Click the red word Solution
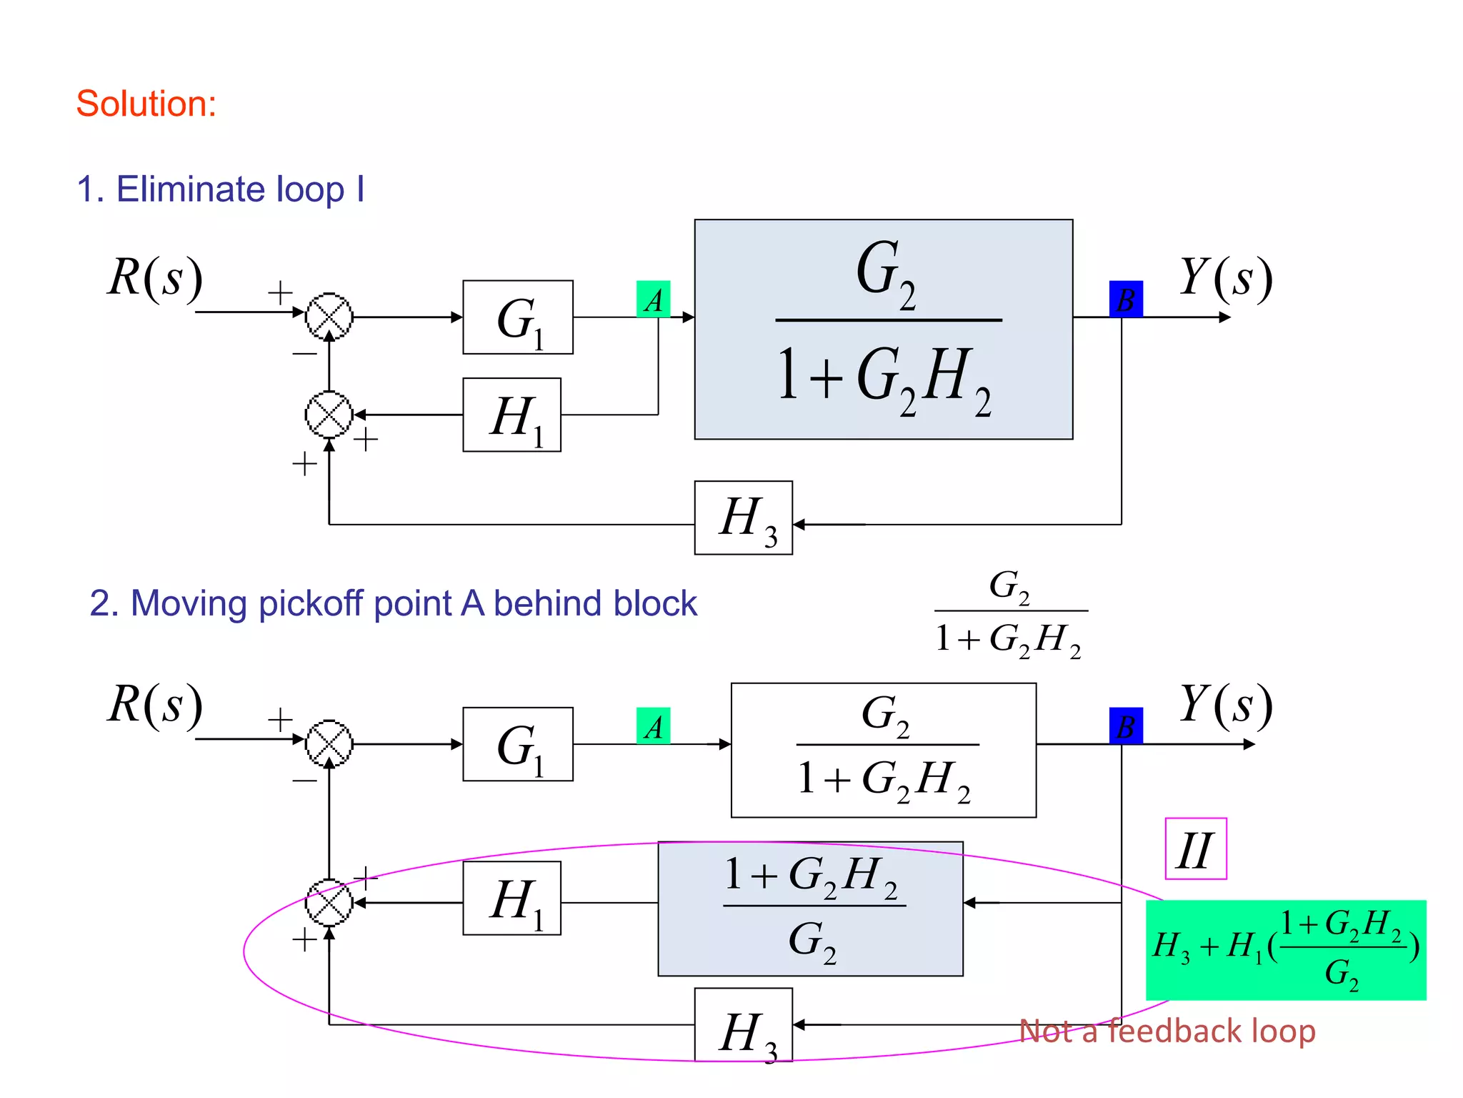point(146,104)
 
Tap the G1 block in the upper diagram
point(517,317)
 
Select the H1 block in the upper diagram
point(511,415)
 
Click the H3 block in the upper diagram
point(743,518)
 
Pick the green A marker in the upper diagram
point(653,299)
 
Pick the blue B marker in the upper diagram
point(1125,299)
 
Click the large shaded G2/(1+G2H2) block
point(883,329)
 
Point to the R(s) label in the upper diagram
point(155,277)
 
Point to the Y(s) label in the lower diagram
point(1225,704)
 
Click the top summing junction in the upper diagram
point(329,316)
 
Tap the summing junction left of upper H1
point(329,415)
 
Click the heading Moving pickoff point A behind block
point(392,603)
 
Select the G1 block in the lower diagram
point(517,744)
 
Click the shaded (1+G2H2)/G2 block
point(810,909)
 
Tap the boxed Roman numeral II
point(1195,849)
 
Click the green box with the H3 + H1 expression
point(1285,949)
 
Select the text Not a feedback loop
point(1167,1031)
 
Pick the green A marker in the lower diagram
point(653,726)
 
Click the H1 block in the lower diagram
point(511,898)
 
